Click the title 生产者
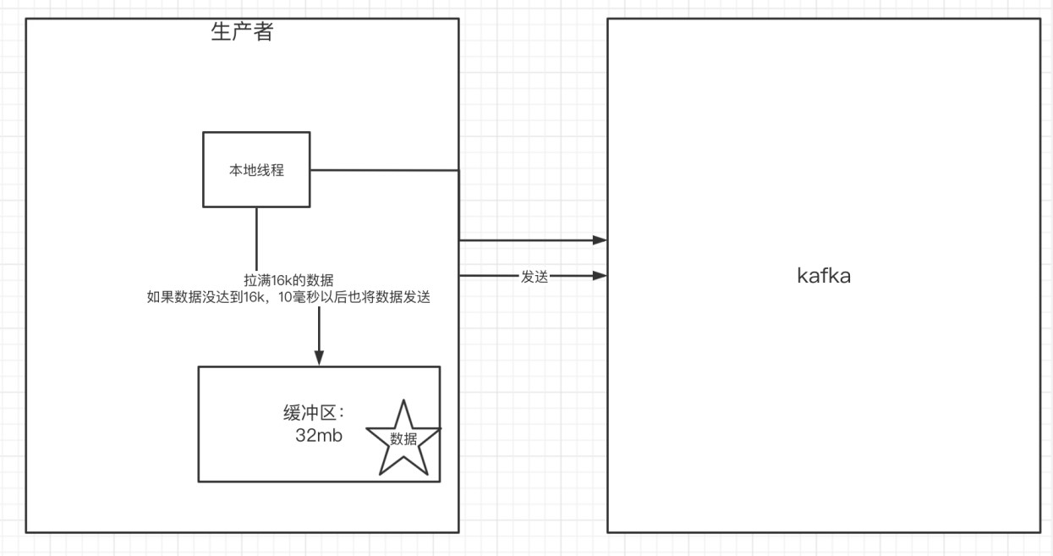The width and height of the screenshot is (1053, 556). click(x=242, y=31)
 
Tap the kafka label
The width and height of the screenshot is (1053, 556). click(x=824, y=276)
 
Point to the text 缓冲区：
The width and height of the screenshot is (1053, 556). click(x=315, y=413)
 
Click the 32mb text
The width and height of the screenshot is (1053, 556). click(x=319, y=435)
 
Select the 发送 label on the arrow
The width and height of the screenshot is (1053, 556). click(x=534, y=277)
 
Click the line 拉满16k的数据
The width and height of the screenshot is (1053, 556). click(x=288, y=280)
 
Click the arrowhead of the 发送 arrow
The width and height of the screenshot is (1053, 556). click(x=600, y=276)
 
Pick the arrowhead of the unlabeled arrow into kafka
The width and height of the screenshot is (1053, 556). click(x=600, y=240)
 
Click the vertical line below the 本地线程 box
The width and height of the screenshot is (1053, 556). click(x=256, y=239)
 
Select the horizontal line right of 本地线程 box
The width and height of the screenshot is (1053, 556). click(x=385, y=170)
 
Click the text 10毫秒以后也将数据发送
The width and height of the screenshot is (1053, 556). click(x=354, y=297)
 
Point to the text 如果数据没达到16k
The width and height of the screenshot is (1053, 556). click(x=205, y=297)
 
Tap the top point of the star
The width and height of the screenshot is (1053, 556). click(x=403, y=399)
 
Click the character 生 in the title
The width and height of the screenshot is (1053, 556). click(x=221, y=31)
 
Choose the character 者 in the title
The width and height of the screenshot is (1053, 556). click(x=263, y=31)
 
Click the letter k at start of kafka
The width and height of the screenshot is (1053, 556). click(x=802, y=276)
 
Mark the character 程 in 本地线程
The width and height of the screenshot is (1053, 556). click(x=277, y=170)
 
